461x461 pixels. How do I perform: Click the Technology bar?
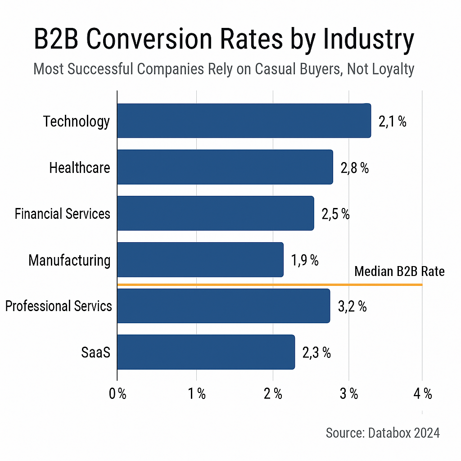coord(244,121)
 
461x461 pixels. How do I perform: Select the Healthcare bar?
coord(225,167)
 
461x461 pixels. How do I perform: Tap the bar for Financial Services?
coord(215,213)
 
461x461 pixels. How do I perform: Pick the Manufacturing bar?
coord(200,260)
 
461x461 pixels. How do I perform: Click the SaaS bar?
coord(206,352)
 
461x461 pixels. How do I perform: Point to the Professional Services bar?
coord(223,306)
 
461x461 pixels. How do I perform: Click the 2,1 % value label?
coord(392,122)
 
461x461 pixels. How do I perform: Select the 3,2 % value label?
coord(352,307)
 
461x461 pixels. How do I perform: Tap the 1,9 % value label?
coord(305,260)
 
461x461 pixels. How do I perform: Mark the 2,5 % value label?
coord(335,214)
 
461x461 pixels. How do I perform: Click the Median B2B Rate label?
coord(399,271)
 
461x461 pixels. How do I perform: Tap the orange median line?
coord(270,285)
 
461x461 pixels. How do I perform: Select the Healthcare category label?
coord(80,167)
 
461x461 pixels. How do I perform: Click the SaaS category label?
coord(95,353)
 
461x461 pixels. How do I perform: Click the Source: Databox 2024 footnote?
coord(383,433)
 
